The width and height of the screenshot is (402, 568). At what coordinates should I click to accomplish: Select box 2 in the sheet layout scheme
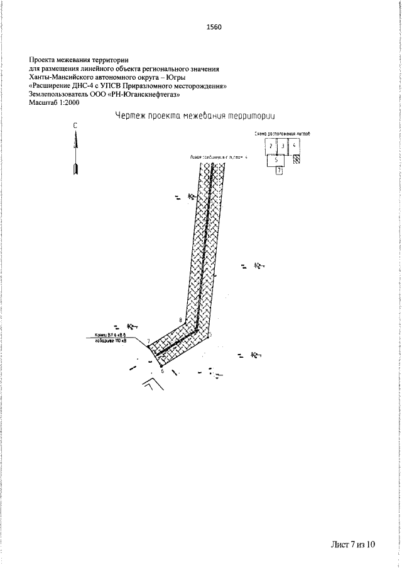(x=270, y=146)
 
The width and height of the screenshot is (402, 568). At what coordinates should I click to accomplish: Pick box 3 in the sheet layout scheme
(x=283, y=146)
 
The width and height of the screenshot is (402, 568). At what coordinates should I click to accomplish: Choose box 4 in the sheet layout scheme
(x=295, y=146)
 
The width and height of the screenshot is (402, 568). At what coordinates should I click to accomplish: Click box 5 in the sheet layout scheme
(x=276, y=160)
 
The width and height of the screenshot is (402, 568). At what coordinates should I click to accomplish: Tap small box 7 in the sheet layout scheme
(x=280, y=170)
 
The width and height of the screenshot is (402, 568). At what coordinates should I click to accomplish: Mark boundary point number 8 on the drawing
(x=180, y=321)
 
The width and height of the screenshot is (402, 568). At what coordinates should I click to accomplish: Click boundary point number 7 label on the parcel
(x=148, y=341)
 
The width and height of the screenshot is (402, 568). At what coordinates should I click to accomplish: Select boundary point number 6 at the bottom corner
(x=161, y=371)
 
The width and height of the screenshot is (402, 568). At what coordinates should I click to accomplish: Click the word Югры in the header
(x=174, y=77)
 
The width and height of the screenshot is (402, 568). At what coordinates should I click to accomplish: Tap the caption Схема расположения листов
(x=282, y=134)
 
